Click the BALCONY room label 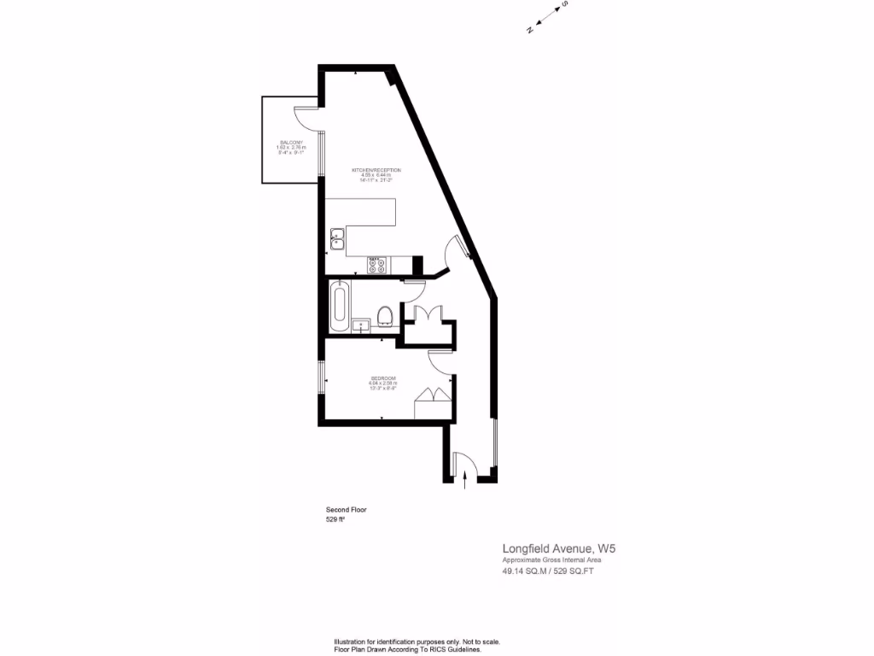290,143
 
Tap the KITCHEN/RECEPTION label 376,170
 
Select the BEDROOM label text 383,378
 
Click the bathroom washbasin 361,324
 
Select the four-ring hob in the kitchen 376,265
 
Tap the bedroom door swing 441,363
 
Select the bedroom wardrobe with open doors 432,401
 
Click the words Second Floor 347,509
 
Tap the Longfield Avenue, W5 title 558,548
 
